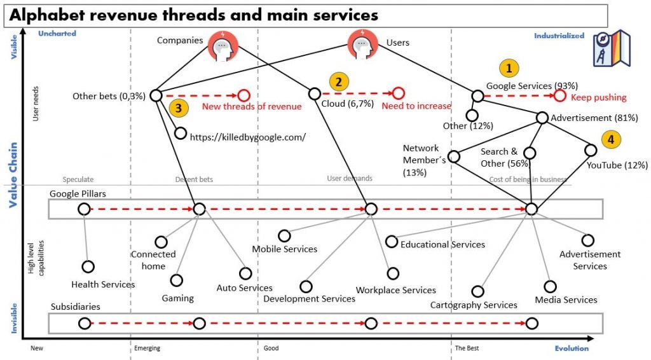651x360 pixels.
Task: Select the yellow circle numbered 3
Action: pos(179,108)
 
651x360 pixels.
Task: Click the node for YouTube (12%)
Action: pos(591,150)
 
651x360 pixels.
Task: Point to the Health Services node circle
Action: pos(88,267)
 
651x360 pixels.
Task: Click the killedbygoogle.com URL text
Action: pos(248,137)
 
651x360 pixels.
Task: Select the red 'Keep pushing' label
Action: pos(598,97)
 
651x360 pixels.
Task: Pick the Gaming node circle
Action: pos(177,280)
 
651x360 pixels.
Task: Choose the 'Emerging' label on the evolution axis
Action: pos(147,349)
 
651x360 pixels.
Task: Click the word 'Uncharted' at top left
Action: pos(57,33)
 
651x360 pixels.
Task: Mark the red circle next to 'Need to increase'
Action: pos(399,93)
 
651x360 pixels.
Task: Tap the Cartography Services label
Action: pos(474,305)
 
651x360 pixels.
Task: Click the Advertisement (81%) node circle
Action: pos(542,118)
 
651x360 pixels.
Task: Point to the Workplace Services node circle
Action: pos(394,273)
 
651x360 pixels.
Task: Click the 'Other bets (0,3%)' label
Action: pos(109,96)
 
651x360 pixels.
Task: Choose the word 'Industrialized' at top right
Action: pos(559,36)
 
